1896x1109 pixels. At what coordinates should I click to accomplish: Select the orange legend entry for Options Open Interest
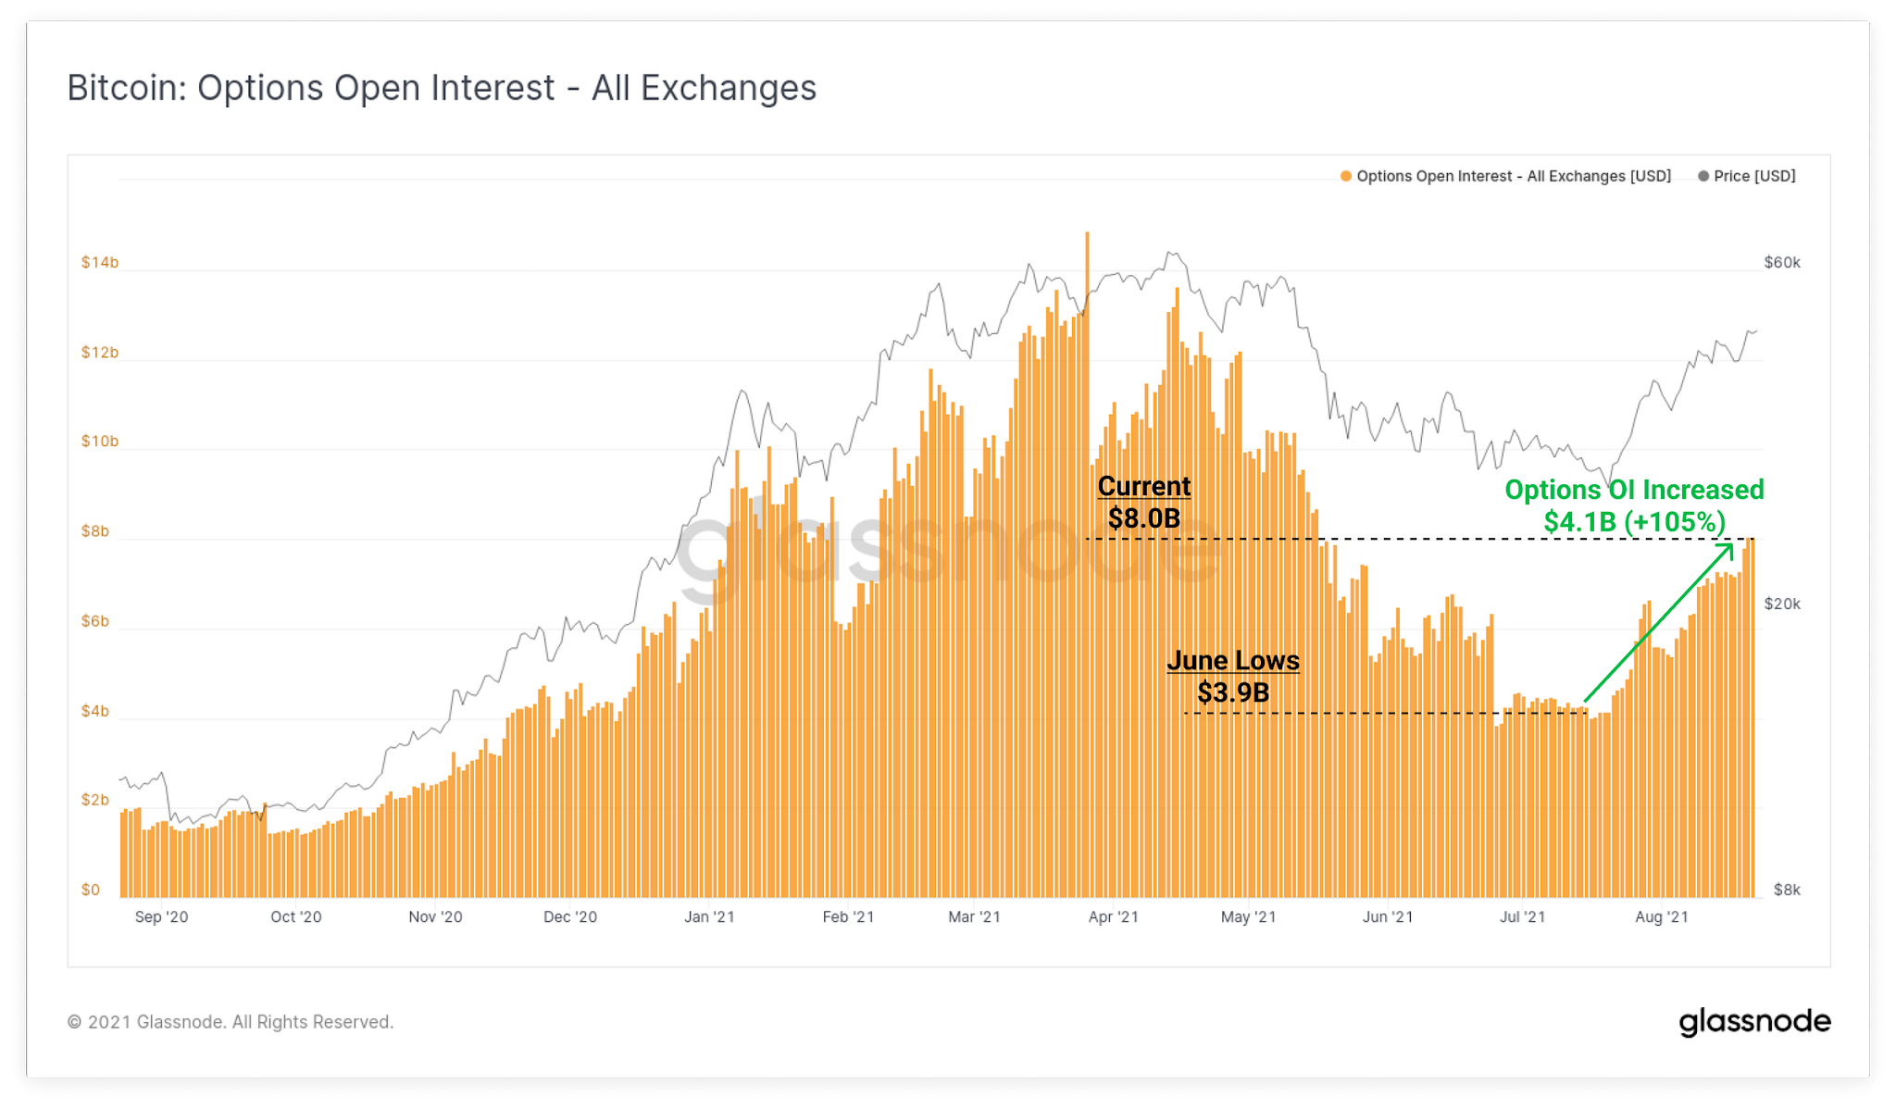coord(1505,176)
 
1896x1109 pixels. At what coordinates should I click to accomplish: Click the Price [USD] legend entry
coord(1747,176)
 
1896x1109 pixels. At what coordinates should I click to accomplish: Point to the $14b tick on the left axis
coord(99,262)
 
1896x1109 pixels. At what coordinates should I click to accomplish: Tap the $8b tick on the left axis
coord(94,531)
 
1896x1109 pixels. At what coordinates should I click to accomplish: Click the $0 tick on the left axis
coord(90,890)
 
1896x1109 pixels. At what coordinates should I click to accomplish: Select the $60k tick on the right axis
coord(1782,262)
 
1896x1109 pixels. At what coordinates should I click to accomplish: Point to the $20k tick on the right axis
coord(1782,604)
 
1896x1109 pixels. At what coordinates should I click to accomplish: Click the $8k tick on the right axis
coord(1787,890)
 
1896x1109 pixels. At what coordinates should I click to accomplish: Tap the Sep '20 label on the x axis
coord(161,917)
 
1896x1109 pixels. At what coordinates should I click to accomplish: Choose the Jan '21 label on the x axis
coord(709,917)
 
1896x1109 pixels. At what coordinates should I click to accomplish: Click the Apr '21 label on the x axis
coord(1113,917)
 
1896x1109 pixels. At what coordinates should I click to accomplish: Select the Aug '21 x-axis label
coord(1661,917)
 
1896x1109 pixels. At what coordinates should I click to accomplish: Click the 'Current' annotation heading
coord(1144,486)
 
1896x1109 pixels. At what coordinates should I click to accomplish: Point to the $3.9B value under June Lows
coord(1233,692)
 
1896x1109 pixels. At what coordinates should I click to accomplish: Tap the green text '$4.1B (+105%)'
coord(1634,522)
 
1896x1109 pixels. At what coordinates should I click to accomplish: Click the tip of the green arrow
coord(1731,545)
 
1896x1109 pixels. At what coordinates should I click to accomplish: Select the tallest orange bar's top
coord(1087,234)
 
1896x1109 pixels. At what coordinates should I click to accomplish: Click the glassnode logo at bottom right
coord(1754,1022)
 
